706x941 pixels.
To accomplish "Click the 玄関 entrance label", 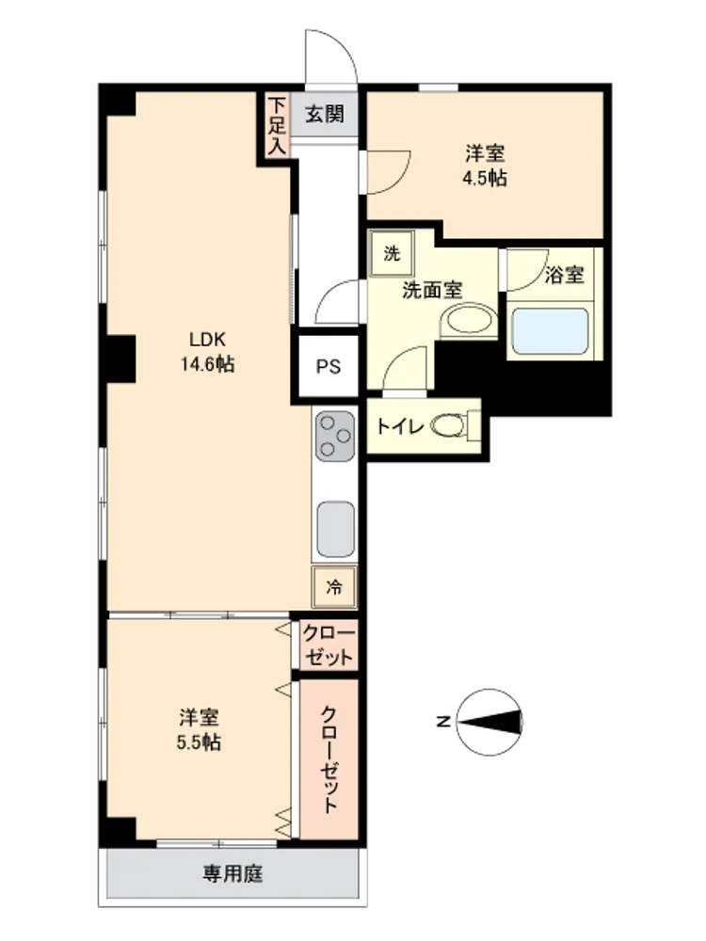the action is coord(324,114).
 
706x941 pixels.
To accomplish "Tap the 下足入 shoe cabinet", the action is coord(277,125).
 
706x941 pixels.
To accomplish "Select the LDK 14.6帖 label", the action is coord(208,352).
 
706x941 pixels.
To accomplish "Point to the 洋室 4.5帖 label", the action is coord(485,166).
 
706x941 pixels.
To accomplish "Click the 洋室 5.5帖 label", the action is coord(199,730).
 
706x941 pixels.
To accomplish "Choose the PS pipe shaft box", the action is coord(329,365).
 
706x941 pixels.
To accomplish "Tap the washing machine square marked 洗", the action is coord(392,253).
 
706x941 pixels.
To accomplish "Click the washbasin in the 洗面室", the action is coord(469,321).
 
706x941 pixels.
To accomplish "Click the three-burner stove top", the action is coord(335,436).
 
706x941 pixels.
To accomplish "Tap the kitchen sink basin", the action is coord(336,529).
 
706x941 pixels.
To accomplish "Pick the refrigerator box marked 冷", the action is coord(334,586).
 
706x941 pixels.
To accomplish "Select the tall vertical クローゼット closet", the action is coord(329,759).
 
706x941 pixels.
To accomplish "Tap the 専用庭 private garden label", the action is coord(233,873).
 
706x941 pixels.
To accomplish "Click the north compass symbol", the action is coord(489,722).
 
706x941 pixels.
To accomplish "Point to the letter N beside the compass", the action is coord(443,721).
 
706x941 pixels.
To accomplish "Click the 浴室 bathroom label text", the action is coord(564,275).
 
